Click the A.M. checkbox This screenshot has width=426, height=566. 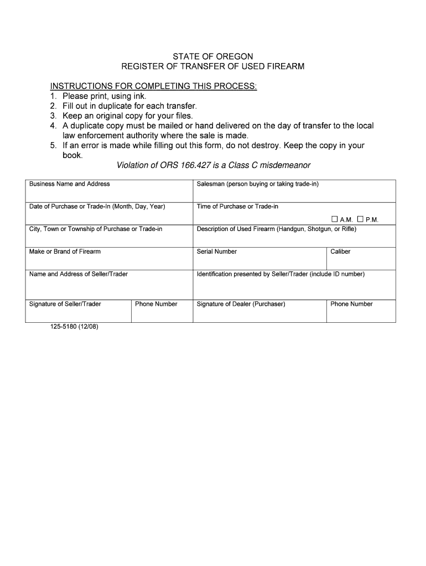coord(335,219)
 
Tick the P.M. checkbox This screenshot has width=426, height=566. coord(360,219)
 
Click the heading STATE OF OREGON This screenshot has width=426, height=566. coord(213,56)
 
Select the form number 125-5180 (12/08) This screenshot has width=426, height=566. coord(74,327)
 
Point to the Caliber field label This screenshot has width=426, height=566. coord(340,251)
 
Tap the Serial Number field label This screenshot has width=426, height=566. coord(217,251)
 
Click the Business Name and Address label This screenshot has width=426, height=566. coord(70,184)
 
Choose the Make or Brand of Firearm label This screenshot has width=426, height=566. coord(65,251)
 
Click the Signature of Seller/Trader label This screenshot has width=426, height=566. coord(65,304)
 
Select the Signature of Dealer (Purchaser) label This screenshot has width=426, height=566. coord(241,304)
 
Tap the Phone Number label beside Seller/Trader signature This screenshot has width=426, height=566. coord(156,304)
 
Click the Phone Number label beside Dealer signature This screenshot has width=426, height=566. coord(352,304)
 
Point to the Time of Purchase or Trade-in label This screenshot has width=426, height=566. coord(237,207)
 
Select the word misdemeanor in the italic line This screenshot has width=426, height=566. coord(282,165)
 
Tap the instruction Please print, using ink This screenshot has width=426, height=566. coord(104,96)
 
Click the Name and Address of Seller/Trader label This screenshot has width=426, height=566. coord(79,274)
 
